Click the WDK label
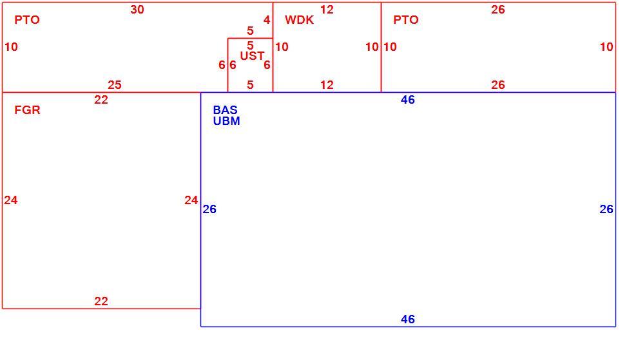point(299,20)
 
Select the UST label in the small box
point(252,56)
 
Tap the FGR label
point(27,110)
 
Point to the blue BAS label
point(225,110)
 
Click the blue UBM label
point(226,121)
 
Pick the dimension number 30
point(137,10)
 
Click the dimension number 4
point(267,20)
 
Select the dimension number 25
point(114,84)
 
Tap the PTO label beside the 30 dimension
point(27,20)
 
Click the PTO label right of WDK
point(405,20)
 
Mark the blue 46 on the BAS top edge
point(408,100)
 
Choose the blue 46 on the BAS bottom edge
point(408,319)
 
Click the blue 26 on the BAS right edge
point(606,209)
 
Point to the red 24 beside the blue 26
point(191,200)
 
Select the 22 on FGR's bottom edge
point(101,301)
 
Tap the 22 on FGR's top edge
point(101,100)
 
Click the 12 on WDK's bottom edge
point(327,84)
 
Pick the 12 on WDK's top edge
point(327,10)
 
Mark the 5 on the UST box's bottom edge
point(250,84)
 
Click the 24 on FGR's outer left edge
point(11,200)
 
